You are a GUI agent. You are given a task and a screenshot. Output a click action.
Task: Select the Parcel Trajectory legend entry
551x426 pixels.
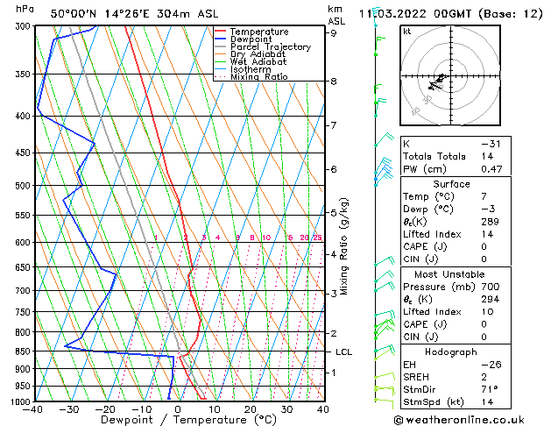(x=270, y=46)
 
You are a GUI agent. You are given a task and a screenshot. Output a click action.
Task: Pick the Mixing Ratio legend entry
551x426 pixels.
(x=258, y=77)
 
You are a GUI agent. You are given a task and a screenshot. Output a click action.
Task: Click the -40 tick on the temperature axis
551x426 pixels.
(x=34, y=409)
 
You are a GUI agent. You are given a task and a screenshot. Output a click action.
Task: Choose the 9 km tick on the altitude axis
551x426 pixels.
(x=334, y=33)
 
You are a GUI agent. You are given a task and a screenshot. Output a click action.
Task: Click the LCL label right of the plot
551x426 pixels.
(x=344, y=351)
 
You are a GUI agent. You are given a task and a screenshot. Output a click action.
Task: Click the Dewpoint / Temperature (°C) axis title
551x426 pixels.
(x=178, y=420)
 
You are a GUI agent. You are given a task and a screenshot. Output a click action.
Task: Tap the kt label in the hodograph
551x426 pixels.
(x=406, y=31)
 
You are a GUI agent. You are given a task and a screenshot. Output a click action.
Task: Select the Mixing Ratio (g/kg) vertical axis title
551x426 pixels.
(x=344, y=245)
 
